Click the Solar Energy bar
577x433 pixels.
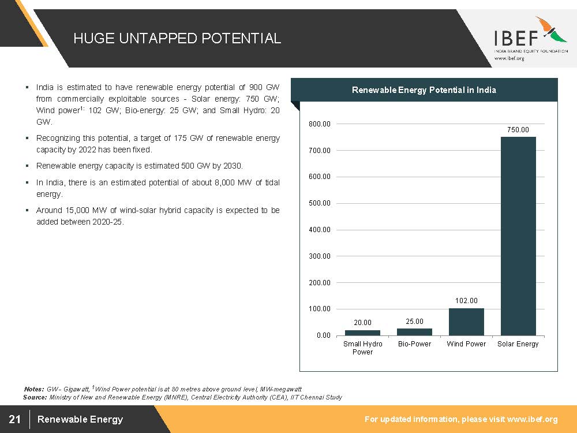pyautogui.click(x=518, y=236)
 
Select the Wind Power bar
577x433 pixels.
pyautogui.click(x=466, y=322)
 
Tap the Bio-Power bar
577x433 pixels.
pyautogui.click(x=414, y=332)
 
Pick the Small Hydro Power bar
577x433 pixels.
pyautogui.click(x=362, y=333)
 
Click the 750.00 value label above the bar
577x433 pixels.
pyautogui.click(x=518, y=129)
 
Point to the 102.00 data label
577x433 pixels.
pyautogui.click(x=466, y=301)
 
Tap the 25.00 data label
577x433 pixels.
pyautogui.click(x=414, y=322)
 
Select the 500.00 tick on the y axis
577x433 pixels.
pyautogui.click(x=320, y=203)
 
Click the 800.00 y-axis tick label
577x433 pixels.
pyautogui.click(x=320, y=124)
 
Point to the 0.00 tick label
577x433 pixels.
pyautogui.click(x=324, y=335)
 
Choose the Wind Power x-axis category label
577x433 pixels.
pyautogui.click(x=466, y=344)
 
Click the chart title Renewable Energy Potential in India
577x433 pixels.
pyautogui.click(x=424, y=90)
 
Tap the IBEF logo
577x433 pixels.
pyautogui.click(x=531, y=38)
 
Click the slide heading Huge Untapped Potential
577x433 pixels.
pyautogui.click(x=177, y=38)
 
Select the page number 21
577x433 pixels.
pyautogui.click(x=15, y=419)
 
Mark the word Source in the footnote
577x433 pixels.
pyautogui.click(x=35, y=397)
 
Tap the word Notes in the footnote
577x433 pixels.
pyautogui.click(x=34, y=389)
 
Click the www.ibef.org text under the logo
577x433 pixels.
pyautogui.click(x=509, y=58)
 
